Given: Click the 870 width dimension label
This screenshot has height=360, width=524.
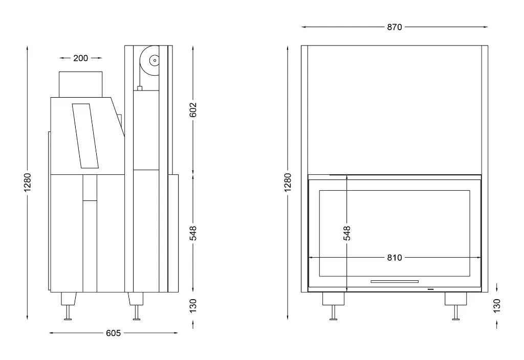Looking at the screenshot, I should click(x=395, y=27).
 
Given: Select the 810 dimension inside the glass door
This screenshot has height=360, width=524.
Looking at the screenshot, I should click(x=395, y=258).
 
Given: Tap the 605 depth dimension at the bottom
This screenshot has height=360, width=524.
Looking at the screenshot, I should click(x=113, y=333).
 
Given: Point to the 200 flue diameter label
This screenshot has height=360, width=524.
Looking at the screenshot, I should click(x=80, y=58).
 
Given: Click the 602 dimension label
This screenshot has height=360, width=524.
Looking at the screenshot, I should click(x=193, y=109).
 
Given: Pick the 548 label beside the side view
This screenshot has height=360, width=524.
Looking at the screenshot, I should click(x=193, y=233).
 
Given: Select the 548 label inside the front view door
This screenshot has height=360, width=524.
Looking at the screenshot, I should click(x=347, y=233).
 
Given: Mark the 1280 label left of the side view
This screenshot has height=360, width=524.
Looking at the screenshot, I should click(x=28, y=183).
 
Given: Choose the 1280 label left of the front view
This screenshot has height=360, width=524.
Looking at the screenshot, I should click(x=288, y=183).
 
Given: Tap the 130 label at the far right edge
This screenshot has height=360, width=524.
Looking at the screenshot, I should click(x=496, y=305).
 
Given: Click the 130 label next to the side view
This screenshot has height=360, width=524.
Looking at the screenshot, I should click(x=193, y=305).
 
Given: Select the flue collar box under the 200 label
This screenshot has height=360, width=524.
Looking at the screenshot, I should click(x=80, y=84).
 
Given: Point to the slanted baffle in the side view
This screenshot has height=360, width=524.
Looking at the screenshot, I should click(x=85, y=136).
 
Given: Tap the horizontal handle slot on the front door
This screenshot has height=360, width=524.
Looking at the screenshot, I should click(x=395, y=281).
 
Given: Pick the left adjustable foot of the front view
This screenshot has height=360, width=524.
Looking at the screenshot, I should click(x=333, y=307).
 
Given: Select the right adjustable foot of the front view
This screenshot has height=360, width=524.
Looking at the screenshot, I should click(x=455, y=307).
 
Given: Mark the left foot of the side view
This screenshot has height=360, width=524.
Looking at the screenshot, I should click(x=68, y=307).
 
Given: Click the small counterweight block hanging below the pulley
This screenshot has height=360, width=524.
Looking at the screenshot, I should click(x=139, y=88).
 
